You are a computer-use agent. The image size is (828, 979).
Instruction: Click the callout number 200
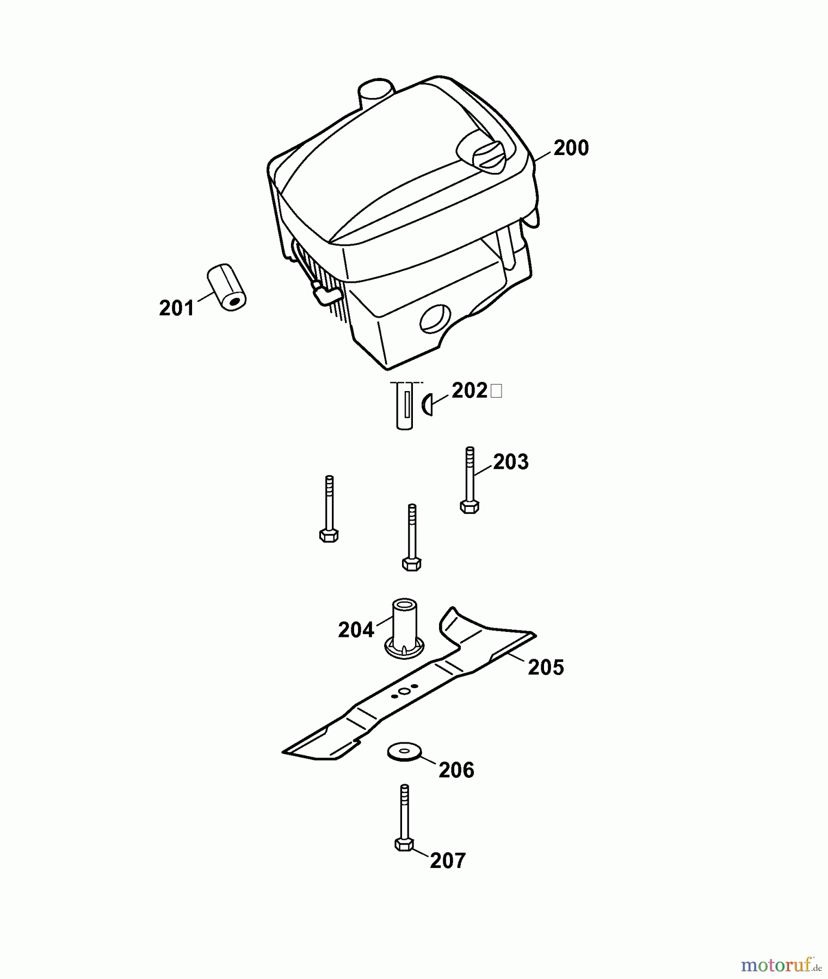tap(571, 148)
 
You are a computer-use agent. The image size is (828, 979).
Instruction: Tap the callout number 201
tap(176, 308)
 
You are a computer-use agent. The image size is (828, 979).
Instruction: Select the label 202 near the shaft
tap(469, 391)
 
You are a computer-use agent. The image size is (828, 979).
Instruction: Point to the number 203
tap(511, 462)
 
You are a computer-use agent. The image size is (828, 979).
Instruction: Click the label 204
tap(356, 630)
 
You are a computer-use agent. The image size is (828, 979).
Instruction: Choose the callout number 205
tap(546, 667)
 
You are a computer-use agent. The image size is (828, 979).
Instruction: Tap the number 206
tap(456, 770)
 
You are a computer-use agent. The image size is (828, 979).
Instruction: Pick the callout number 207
tap(448, 860)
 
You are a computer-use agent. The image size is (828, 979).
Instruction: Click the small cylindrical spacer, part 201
tap(226, 287)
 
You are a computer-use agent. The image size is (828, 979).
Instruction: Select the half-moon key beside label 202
tap(428, 405)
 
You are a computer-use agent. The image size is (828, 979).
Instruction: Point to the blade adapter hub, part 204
tap(405, 629)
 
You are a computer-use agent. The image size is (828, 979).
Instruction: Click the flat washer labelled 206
tap(405, 753)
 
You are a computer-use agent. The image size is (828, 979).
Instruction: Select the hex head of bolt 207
tap(404, 844)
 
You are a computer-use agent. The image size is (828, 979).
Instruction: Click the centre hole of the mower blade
tap(404, 691)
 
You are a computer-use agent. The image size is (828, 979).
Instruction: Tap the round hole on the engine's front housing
tap(435, 319)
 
